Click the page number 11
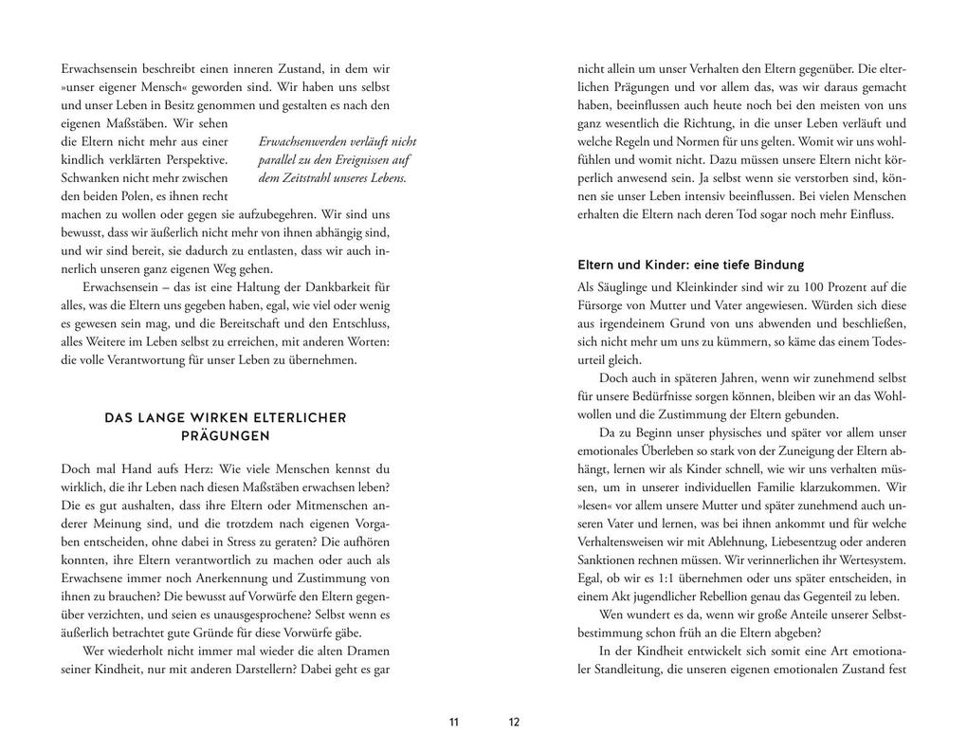click(453, 722)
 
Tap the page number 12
click(514, 722)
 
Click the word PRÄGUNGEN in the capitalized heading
click(225, 436)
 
